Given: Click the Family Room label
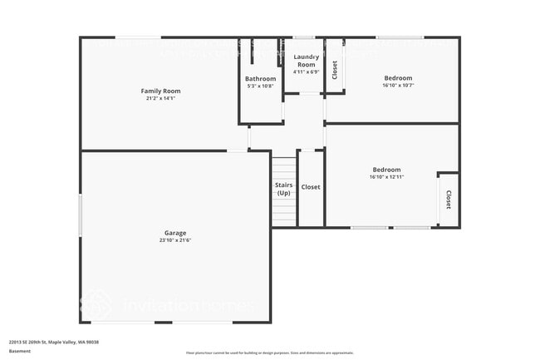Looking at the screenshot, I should pyautogui.click(x=160, y=91).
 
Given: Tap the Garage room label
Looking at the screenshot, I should pyautogui.click(x=174, y=233).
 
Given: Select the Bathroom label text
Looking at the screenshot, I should pyautogui.click(x=260, y=79).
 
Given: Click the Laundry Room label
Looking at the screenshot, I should pyautogui.click(x=306, y=60).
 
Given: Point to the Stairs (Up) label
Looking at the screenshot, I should pyautogui.click(x=283, y=188).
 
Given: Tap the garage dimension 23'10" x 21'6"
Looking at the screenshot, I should pyautogui.click(x=174, y=240).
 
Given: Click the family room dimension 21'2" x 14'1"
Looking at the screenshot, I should pyautogui.click(x=160, y=98).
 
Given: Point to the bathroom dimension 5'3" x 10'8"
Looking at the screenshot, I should pyautogui.click(x=260, y=86).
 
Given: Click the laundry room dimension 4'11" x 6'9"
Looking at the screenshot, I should pyautogui.click(x=306, y=72).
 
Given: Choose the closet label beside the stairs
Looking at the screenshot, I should pyautogui.click(x=311, y=187).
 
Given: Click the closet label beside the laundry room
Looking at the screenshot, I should pyautogui.click(x=335, y=70).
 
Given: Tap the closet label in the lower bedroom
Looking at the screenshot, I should pyautogui.click(x=449, y=200).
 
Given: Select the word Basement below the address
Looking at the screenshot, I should pyautogui.click(x=20, y=351).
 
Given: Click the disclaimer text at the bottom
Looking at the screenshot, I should pyautogui.click(x=270, y=353).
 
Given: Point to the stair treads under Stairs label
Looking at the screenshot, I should pyautogui.click(x=283, y=212).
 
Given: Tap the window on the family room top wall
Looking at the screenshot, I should pyautogui.click(x=138, y=37).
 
